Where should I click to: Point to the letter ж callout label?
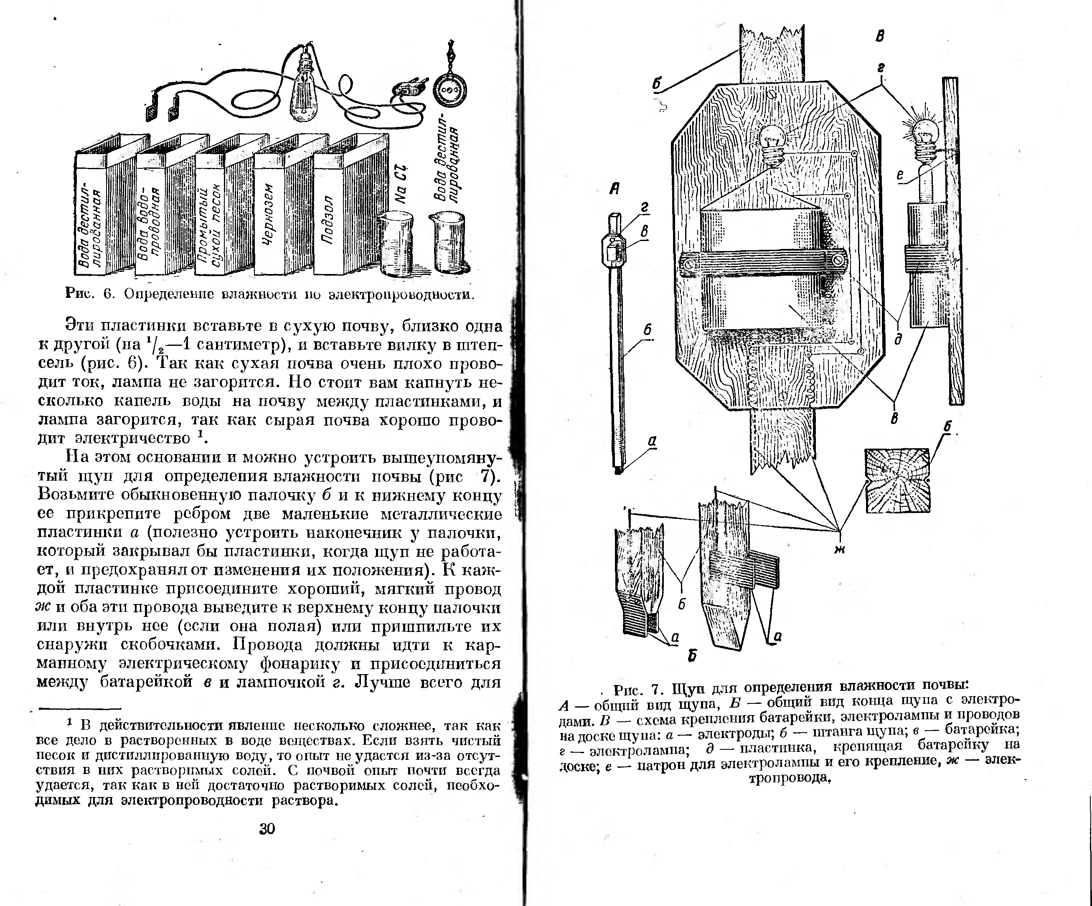(x=839, y=548)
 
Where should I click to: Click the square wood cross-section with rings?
(x=897, y=480)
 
